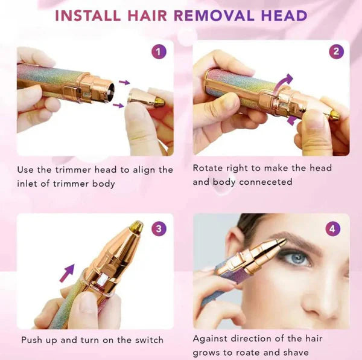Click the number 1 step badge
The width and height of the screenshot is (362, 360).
click(x=159, y=52)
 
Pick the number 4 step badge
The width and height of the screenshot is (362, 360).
click(x=332, y=229)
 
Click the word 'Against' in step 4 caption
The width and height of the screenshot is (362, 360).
click(x=211, y=339)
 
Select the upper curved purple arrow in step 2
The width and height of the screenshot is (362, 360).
click(x=287, y=80)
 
